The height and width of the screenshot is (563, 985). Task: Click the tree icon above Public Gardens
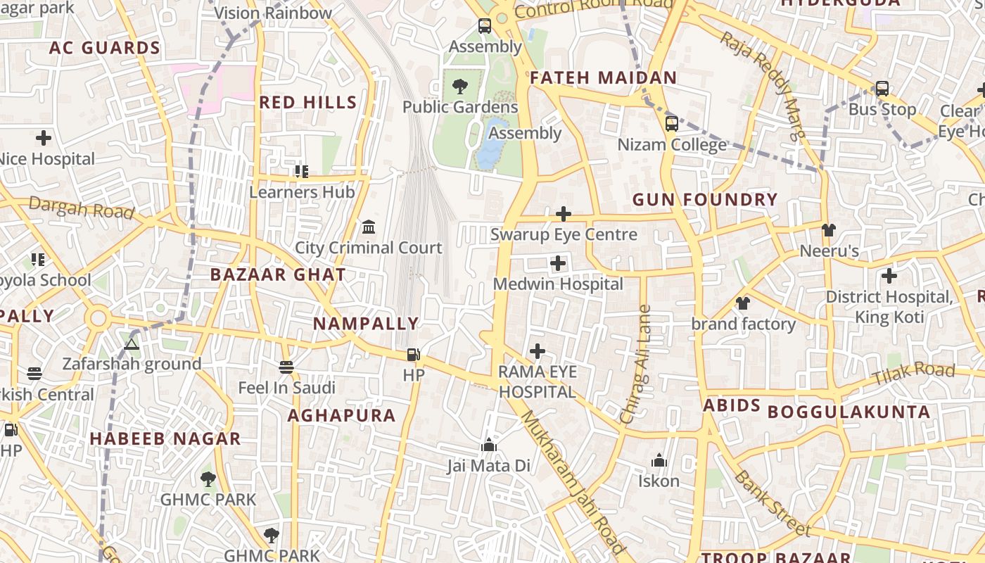pos(460,87)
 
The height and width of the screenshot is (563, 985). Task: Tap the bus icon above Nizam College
pos(671,124)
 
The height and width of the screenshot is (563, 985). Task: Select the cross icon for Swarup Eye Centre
pos(563,214)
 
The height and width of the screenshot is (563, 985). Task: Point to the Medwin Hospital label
pos(558,284)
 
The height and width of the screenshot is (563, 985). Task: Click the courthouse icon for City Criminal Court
pos(368,227)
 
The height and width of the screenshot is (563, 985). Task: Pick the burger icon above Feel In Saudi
pos(286,367)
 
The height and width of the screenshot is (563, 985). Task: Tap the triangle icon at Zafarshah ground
pos(131,344)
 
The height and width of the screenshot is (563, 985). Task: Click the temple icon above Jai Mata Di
pos(488,445)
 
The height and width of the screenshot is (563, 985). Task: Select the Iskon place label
pos(659,481)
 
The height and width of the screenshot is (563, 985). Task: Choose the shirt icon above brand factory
pos(743,303)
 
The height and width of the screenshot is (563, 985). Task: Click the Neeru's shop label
pos(829,251)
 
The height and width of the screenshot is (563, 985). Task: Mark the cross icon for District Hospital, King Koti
pos(889,276)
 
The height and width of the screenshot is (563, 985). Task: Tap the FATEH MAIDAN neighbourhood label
pos(603,78)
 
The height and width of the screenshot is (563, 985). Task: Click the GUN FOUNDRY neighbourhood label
pos(705,200)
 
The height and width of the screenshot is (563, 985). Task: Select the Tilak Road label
pos(913,374)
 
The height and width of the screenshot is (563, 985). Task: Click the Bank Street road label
pos(772,503)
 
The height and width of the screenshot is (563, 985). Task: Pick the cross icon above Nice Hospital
pos(44,138)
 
